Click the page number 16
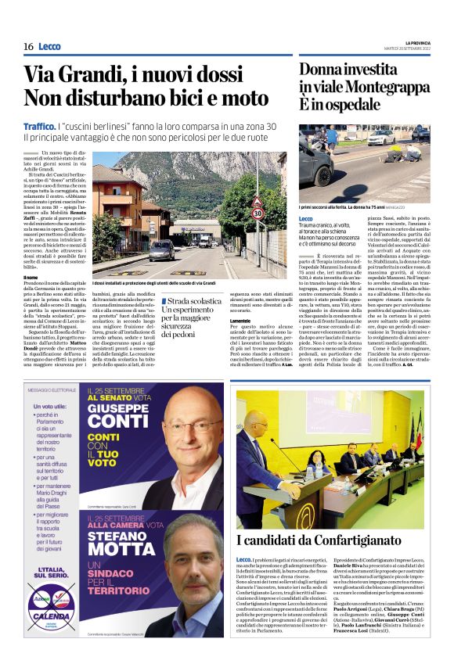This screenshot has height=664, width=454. point(28,46)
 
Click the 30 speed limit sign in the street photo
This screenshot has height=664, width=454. point(257,213)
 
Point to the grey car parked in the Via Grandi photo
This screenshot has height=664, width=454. point(162,250)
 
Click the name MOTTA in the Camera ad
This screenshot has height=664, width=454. point(126,549)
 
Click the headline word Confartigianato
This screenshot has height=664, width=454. point(367,540)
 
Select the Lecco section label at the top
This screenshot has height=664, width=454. point(49,47)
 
